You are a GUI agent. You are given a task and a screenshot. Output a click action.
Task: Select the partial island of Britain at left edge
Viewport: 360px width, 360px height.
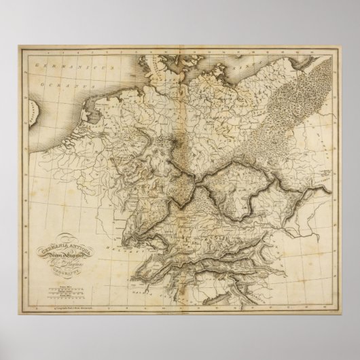pos(34,136)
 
